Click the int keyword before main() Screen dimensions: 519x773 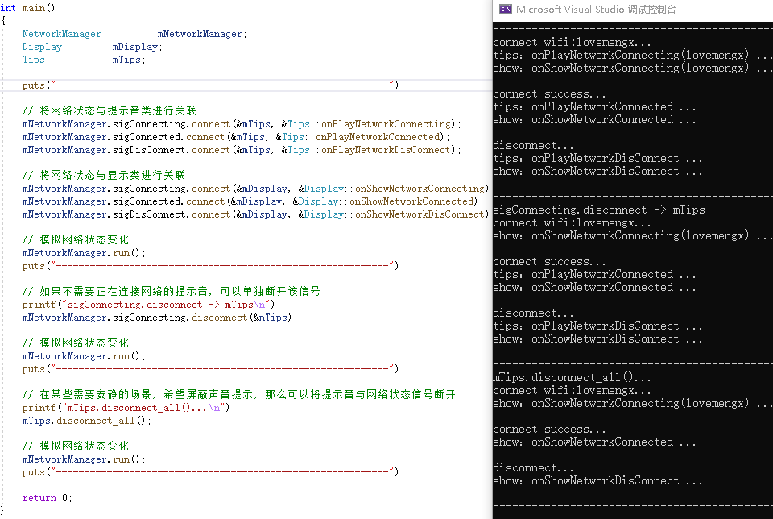[x=8, y=7]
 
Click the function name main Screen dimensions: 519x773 [x=34, y=7]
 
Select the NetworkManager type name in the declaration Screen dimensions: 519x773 [x=61, y=34]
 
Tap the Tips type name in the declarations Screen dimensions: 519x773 [x=34, y=60]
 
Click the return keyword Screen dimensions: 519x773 [x=39, y=498]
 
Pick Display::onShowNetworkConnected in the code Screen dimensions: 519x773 [x=386, y=201]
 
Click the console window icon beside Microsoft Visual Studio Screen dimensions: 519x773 [x=506, y=9]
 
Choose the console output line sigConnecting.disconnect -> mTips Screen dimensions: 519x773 [x=598, y=210]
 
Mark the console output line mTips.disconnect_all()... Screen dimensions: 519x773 [x=571, y=377]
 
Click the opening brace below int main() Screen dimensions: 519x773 [x=3, y=20]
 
